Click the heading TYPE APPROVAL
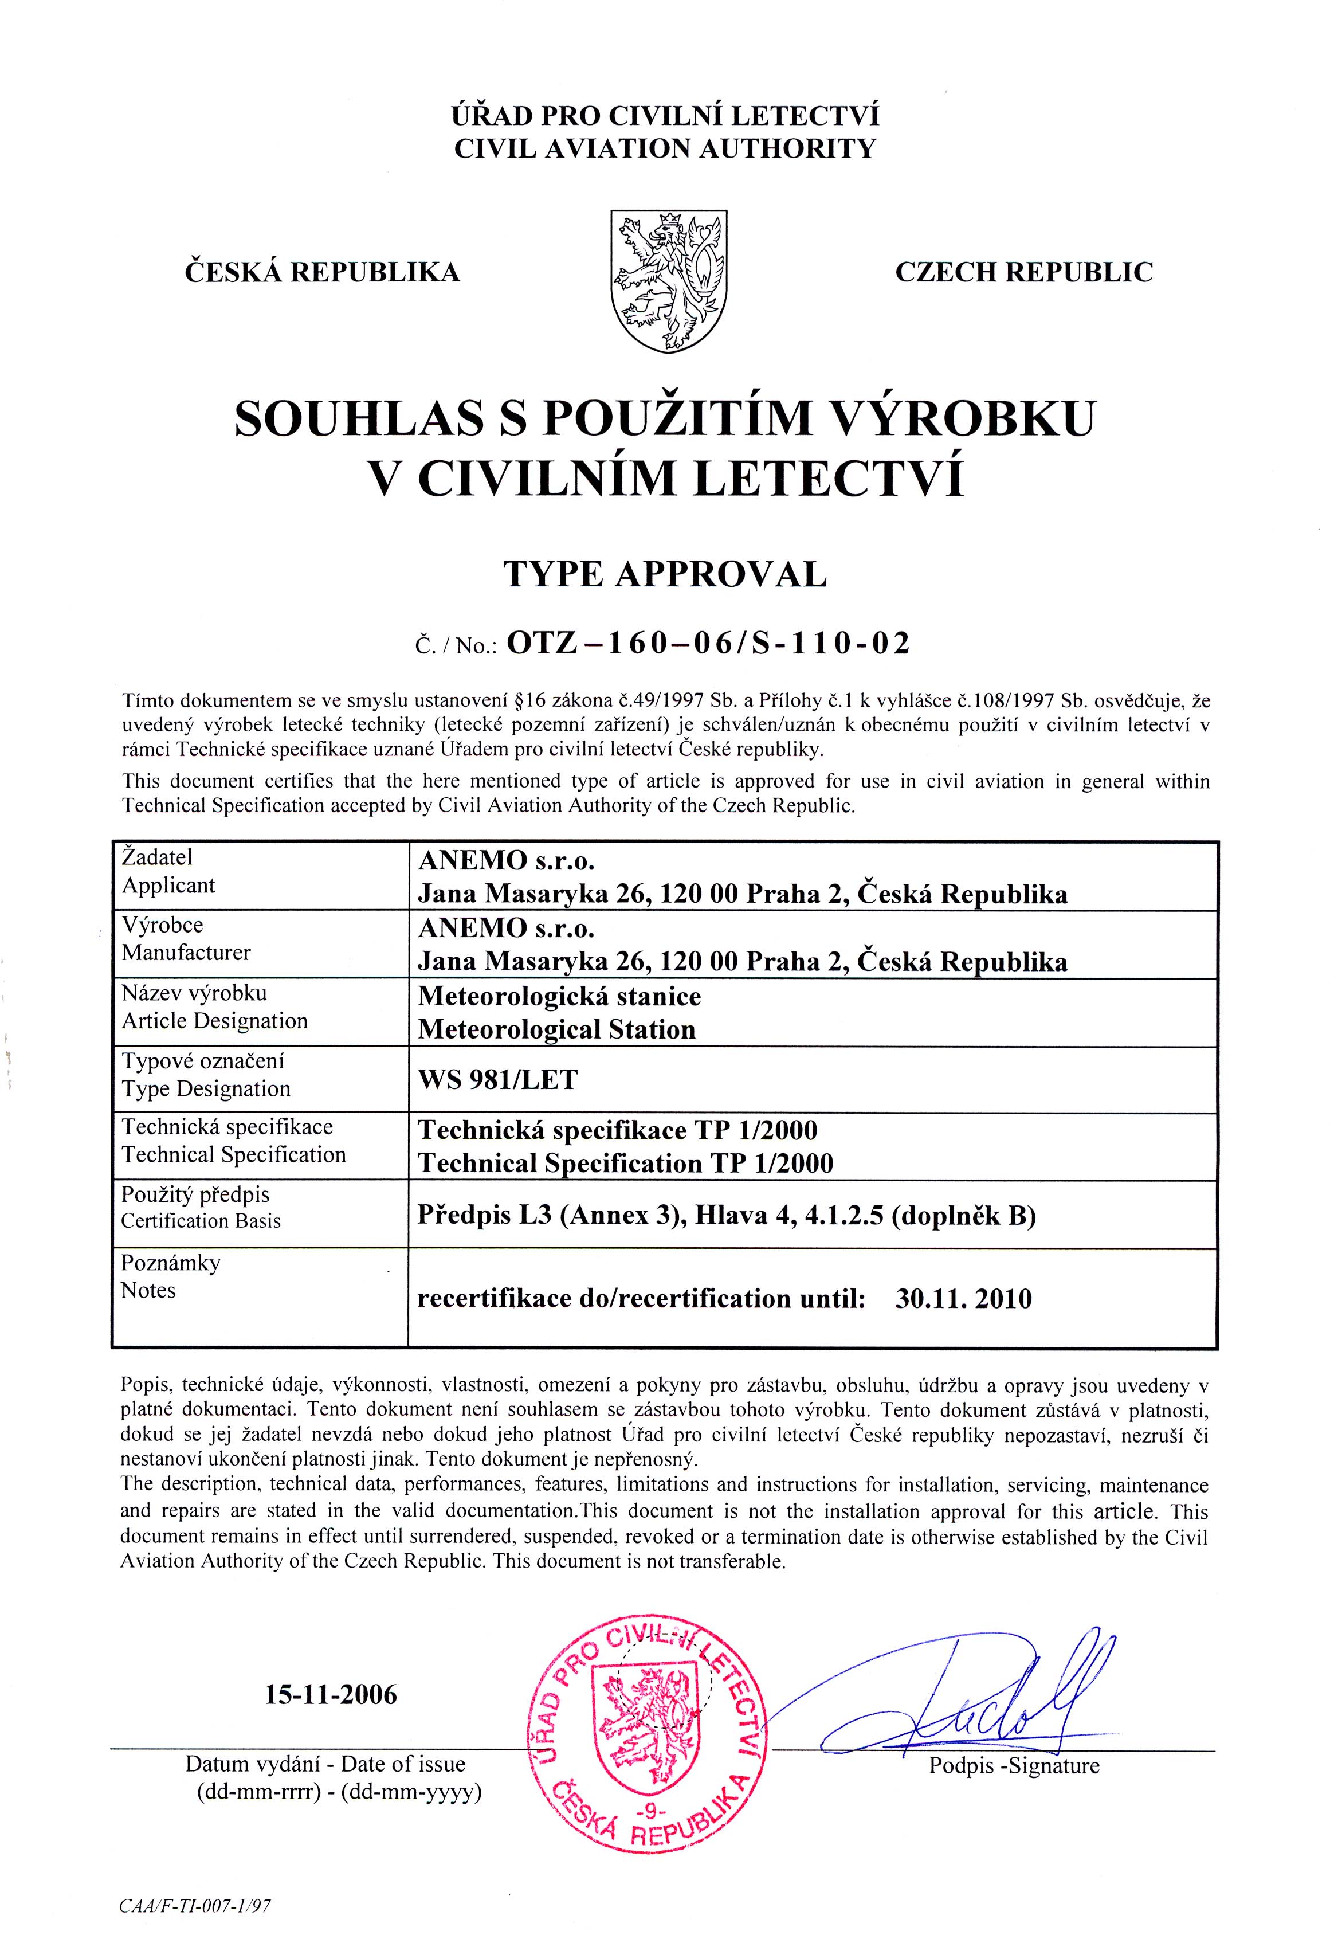[x=664, y=574]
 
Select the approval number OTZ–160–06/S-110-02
[x=708, y=643]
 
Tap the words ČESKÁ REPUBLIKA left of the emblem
[x=322, y=272]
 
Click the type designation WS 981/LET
[x=497, y=1080]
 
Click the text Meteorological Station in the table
[x=556, y=1029]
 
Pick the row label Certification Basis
[x=201, y=1221]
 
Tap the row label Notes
[x=148, y=1291]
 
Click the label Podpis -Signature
[x=1014, y=1766]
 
